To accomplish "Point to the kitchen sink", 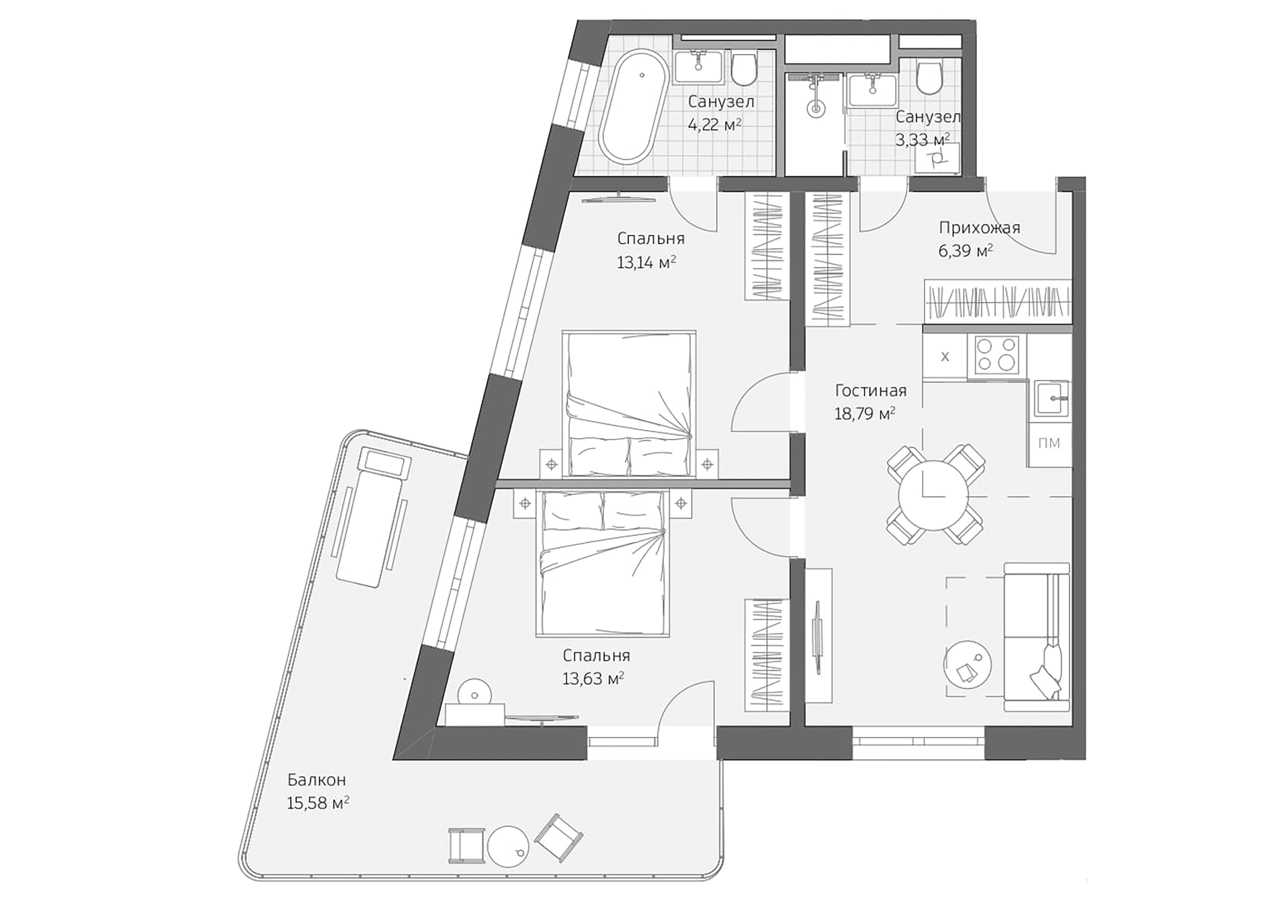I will (x=1051, y=398).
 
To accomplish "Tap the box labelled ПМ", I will (x=1049, y=444).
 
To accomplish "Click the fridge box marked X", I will (x=945, y=357).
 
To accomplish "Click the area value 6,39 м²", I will (x=966, y=251).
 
